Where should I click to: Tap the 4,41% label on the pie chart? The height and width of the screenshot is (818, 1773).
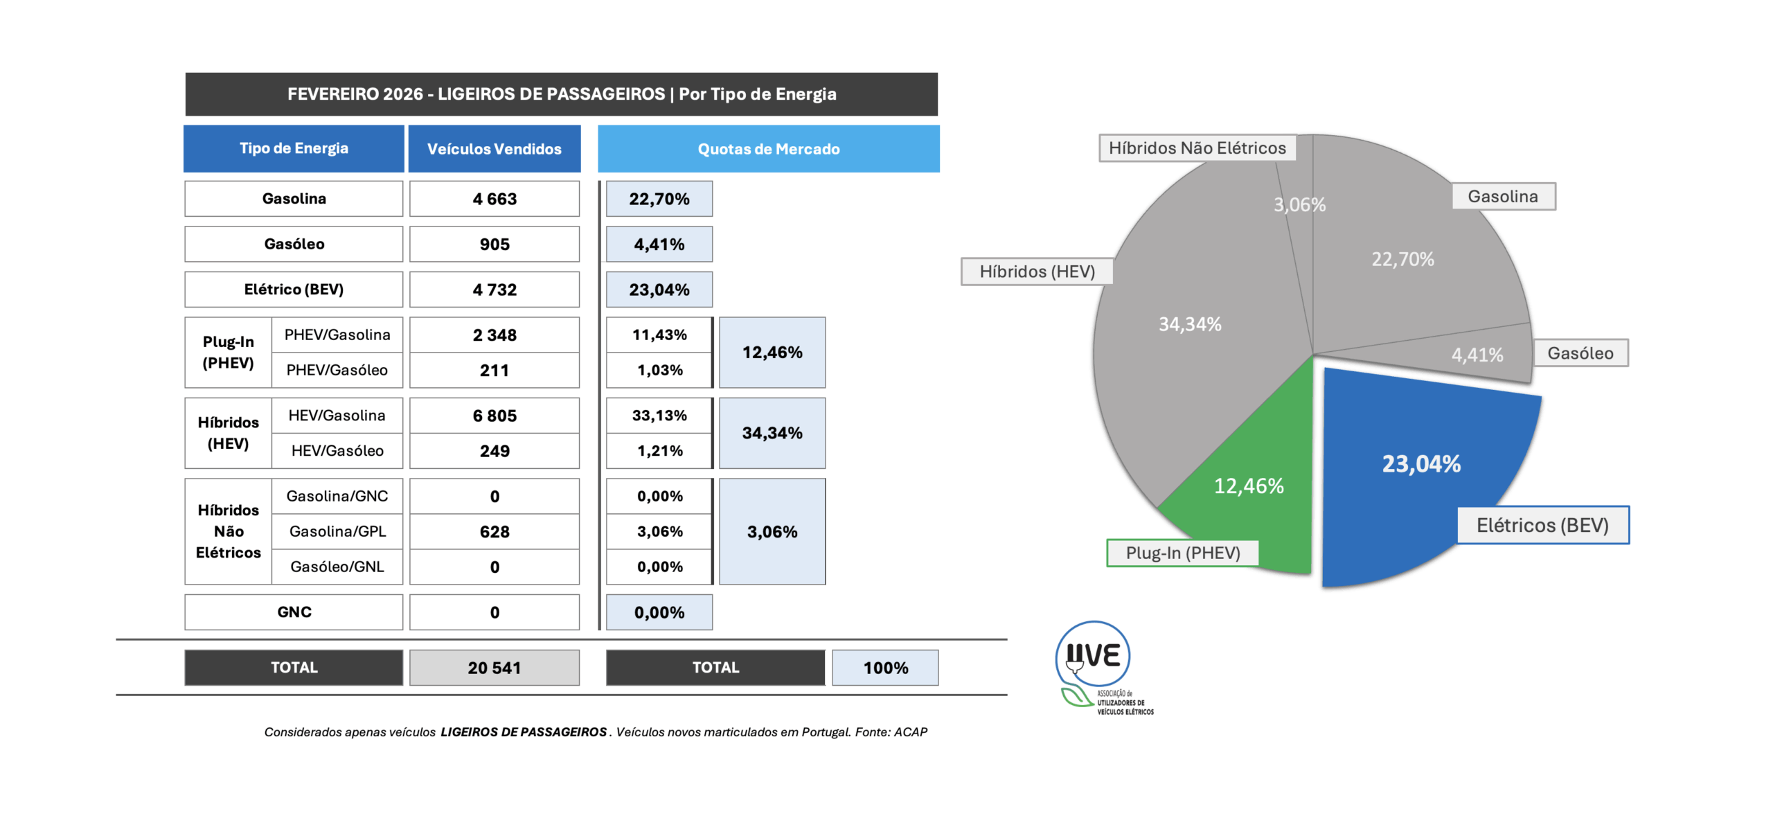click(x=1477, y=355)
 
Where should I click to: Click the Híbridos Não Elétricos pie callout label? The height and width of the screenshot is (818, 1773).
click(x=1197, y=148)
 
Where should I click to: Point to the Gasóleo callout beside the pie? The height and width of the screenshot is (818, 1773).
click(x=1580, y=353)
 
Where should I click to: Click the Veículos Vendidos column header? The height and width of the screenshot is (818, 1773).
click(x=494, y=149)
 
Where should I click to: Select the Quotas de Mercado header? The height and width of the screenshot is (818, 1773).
click(x=768, y=149)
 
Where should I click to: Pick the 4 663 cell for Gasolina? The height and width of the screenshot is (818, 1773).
click(x=494, y=199)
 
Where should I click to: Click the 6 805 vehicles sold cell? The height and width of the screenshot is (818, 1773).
click(x=494, y=416)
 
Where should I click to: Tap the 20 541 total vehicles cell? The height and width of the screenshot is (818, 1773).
click(x=494, y=668)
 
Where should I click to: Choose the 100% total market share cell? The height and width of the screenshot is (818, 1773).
click(x=885, y=668)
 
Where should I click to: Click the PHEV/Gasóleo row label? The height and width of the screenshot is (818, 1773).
click(x=337, y=370)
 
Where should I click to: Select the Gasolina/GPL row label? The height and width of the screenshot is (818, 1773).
click(x=337, y=531)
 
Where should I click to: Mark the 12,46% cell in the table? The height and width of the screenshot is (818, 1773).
click(x=772, y=353)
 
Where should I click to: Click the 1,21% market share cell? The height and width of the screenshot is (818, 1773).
click(x=659, y=451)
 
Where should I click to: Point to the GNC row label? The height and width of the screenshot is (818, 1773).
click(x=294, y=612)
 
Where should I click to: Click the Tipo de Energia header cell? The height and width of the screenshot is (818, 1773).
click(x=294, y=148)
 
